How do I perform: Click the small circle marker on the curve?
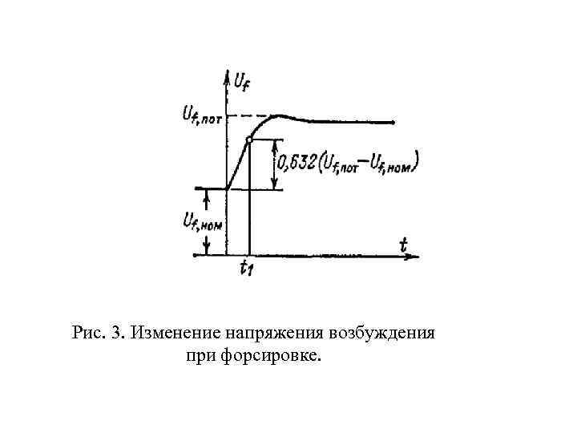(x=249, y=140)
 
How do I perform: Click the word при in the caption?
(x=200, y=353)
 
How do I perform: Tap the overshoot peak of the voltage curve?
(x=280, y=116)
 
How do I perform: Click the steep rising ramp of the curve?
(x=237, y=164)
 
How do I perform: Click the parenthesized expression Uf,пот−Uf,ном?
(x=369, y=164)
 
